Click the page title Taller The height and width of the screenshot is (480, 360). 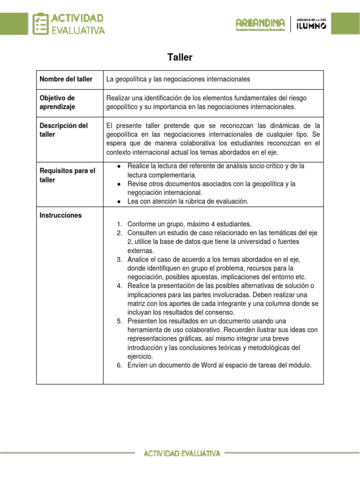click(180, 58)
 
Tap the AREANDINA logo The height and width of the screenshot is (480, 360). click(260, 23)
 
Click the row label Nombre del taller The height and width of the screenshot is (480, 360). click(66, 79)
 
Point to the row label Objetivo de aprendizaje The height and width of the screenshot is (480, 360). click(57, 102)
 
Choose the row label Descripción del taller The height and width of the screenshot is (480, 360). click(63, 130)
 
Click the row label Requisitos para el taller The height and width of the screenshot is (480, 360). click(67, 175)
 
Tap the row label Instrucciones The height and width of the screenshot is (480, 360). click(60, 215)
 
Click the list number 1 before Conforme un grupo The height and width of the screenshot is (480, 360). click(120, 224)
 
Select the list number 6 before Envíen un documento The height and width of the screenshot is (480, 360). click(120, 365)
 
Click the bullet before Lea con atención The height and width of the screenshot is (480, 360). click(120, 202)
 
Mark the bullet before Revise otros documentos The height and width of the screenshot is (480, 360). click(120, 184)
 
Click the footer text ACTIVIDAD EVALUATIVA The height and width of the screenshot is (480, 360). click(182, 453)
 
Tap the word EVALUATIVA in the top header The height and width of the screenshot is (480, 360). click(78, 30)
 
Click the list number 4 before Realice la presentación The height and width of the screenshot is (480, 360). click(120, 286)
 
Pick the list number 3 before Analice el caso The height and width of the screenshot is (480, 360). click(120, 259)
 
